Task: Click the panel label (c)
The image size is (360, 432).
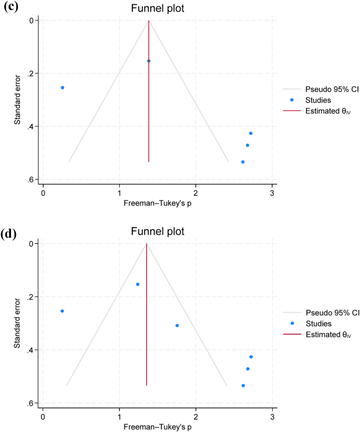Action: click(12, 7)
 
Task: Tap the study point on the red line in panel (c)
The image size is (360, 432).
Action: click(149, 61)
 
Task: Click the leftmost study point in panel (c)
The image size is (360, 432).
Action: click(63, 88)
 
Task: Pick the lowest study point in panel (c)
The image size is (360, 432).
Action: click(243, 162)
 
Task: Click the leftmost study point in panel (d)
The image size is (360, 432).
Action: click(63, 311)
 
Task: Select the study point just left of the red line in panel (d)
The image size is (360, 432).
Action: click(138, 284)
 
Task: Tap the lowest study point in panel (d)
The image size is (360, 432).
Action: click(243, 386)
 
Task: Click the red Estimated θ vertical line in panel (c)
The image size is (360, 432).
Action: click(149, 116)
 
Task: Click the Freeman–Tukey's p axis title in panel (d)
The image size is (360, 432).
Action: click(157, 426)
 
